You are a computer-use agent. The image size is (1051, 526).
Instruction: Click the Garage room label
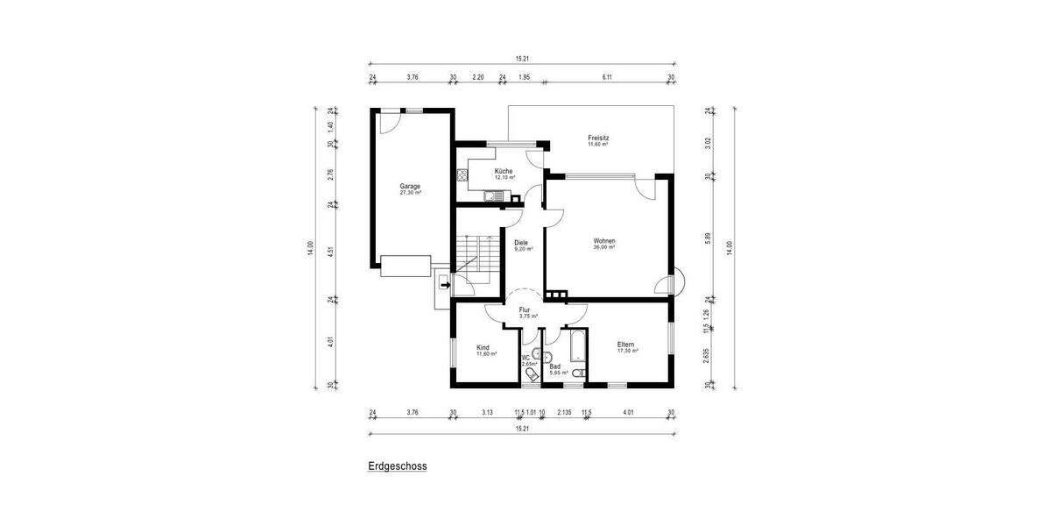[x=410, y=186]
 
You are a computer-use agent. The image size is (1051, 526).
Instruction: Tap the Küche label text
[x=504, y=171]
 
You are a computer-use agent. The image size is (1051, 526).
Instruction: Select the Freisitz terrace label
[x=599, y=139]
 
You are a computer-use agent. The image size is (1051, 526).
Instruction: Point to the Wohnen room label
[x=603, y=241]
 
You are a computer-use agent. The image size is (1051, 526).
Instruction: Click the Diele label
[x=521, y=243]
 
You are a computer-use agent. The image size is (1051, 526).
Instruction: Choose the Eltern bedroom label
[x=625, y=345]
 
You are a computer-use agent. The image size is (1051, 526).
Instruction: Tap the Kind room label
[x=483, y=347]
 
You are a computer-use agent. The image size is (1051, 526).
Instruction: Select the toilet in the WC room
[x=532, y=375]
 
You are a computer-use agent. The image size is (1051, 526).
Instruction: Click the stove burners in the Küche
[x=462, y=174]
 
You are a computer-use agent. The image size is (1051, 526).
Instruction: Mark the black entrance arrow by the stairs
[x=445, y=283]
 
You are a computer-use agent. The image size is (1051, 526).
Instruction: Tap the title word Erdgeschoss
[x=398, y=466]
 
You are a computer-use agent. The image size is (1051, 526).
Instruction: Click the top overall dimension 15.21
[x=522, y=59]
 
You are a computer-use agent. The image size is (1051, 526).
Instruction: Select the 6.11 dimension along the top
[x=606, y=77]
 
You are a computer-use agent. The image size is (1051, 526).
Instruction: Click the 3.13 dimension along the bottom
[x=487, y=414]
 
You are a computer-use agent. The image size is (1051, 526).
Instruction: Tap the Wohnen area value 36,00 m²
[x=603, y=248]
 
